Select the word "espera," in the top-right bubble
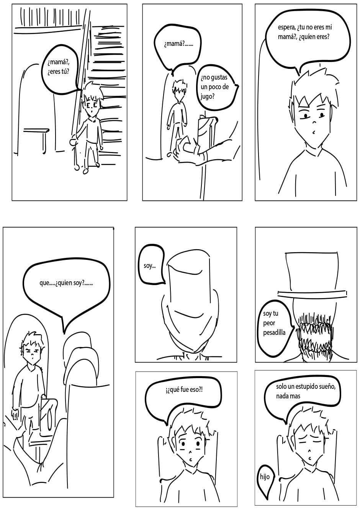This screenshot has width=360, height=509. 286,28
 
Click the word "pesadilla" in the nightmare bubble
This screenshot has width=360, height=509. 274,333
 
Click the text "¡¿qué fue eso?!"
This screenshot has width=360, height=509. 184,390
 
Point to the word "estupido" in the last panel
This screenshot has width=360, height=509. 314,387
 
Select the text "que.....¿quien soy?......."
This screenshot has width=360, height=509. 66,283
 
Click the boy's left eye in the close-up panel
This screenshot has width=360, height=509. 305,116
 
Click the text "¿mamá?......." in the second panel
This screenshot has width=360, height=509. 178,44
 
